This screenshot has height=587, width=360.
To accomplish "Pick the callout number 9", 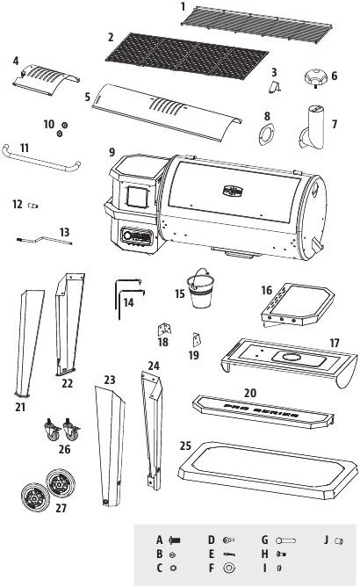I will [x=112, y=150].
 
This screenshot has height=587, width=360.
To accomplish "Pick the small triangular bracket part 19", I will [x=197, y=340].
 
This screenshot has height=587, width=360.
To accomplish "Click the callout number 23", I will [x=109, y=380].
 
